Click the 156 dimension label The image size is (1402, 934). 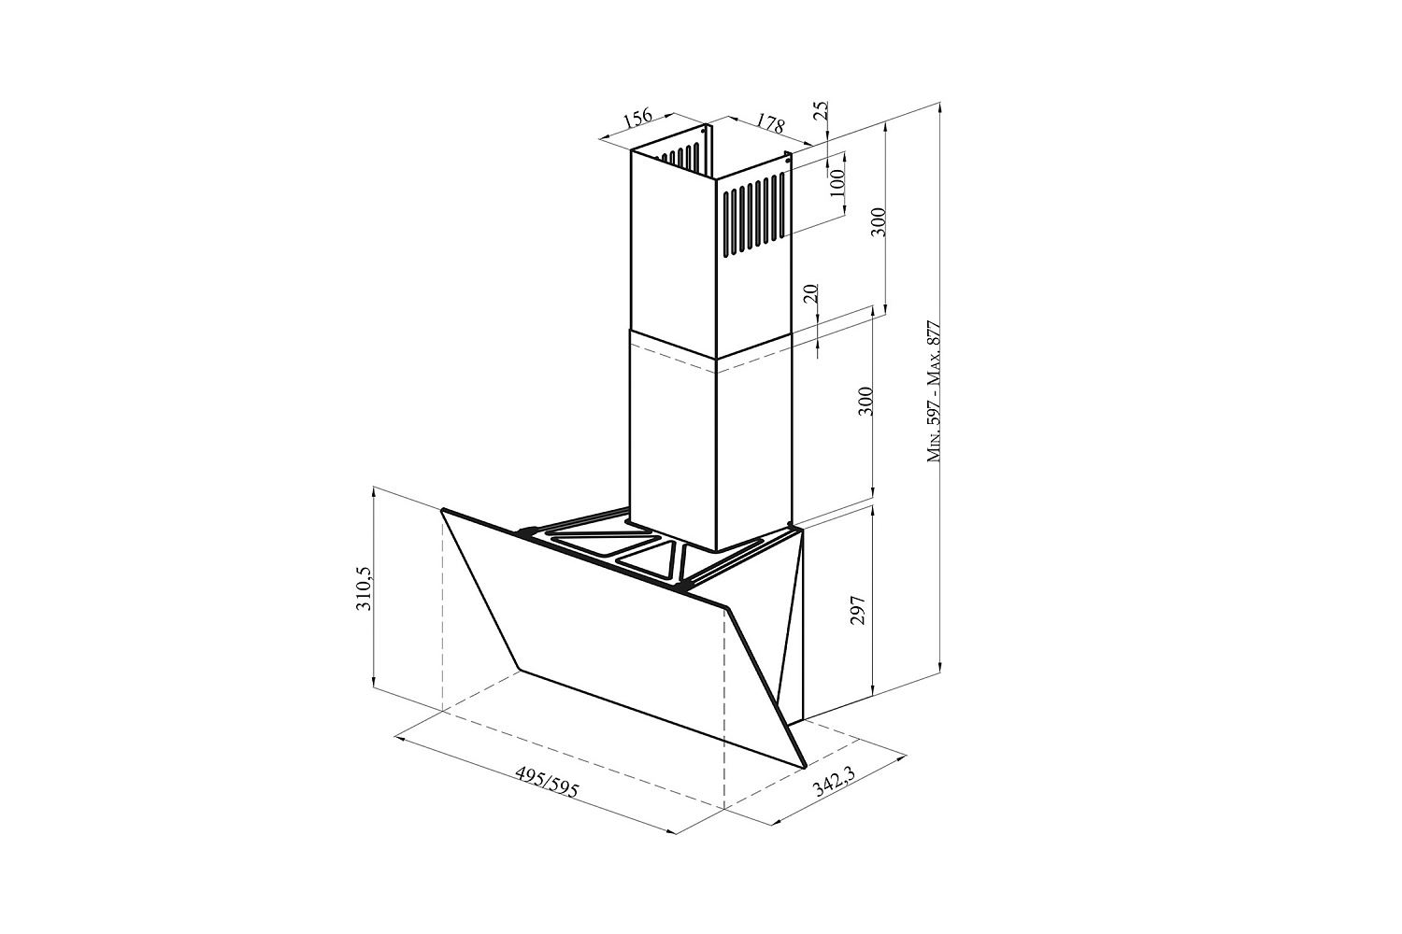[638, 118]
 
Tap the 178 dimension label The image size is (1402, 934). [770, 123]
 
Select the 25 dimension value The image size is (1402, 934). [823, 110]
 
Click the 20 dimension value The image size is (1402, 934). [810, 294]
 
